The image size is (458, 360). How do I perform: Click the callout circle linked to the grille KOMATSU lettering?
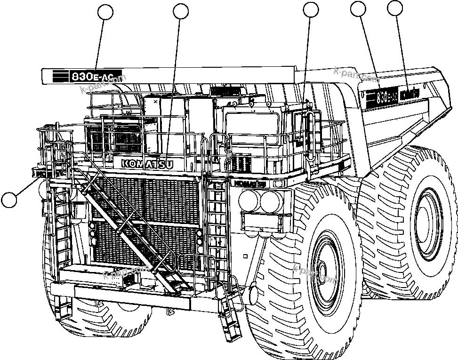coord(181,11)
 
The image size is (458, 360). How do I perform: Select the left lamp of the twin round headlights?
coord(249,201)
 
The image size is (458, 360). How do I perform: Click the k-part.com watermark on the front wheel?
coord(315,273)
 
